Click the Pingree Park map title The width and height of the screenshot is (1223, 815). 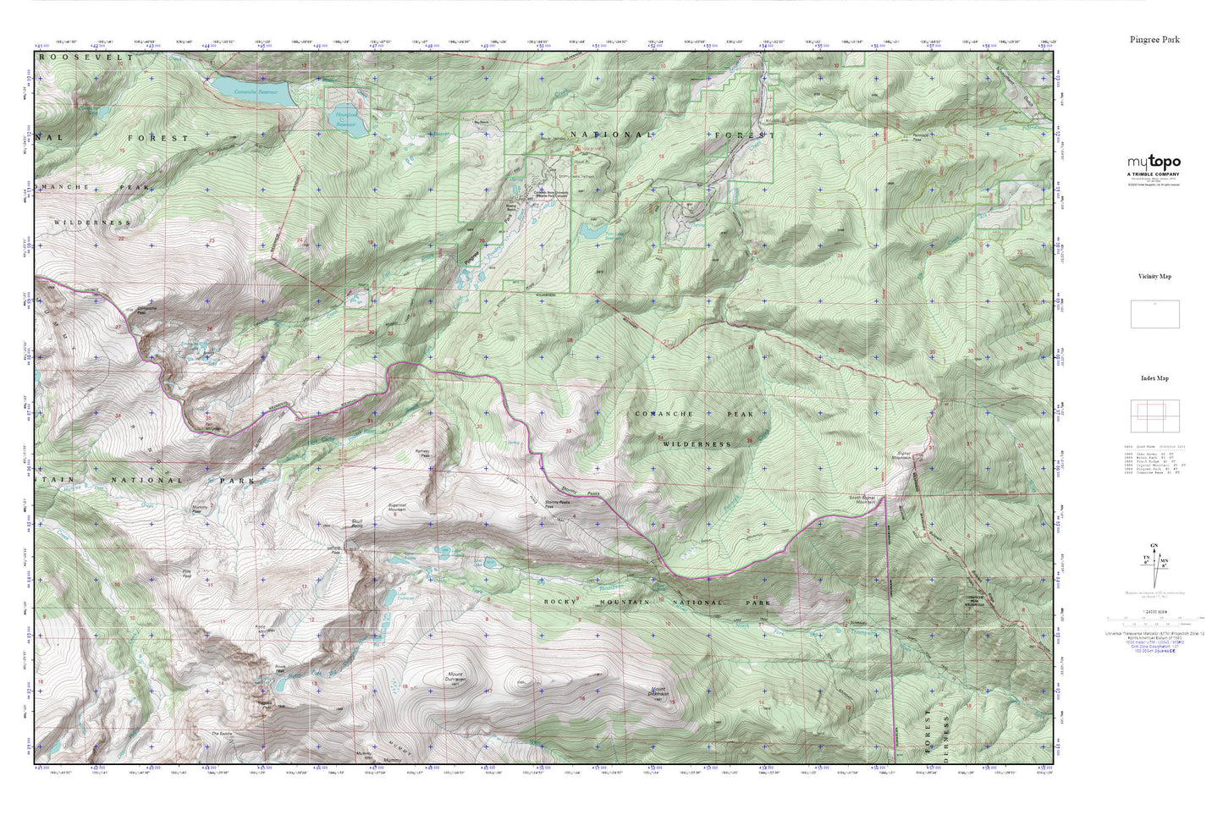[x=1154, y=40]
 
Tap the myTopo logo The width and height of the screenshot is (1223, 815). [x=1154, y=162]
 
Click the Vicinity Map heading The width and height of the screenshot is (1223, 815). [x=1154, y=277]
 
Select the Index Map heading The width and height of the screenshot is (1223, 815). [x=1154, y=378]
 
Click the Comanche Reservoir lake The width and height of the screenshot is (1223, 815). [x=251, y=92]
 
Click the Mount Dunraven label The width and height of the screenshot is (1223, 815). [x=458, y=677]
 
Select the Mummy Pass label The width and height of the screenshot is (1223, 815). [x=196, y=510]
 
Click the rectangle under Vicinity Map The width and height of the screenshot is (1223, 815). [x=1154, y=314]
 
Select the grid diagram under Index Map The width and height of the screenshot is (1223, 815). [x=1154, y=415]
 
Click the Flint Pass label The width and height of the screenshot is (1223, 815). [x=187, y=575]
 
